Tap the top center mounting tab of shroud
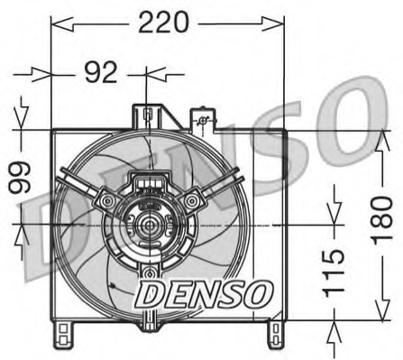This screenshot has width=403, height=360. tap(146, 115)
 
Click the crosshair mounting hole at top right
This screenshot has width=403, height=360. tap(204, 120)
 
